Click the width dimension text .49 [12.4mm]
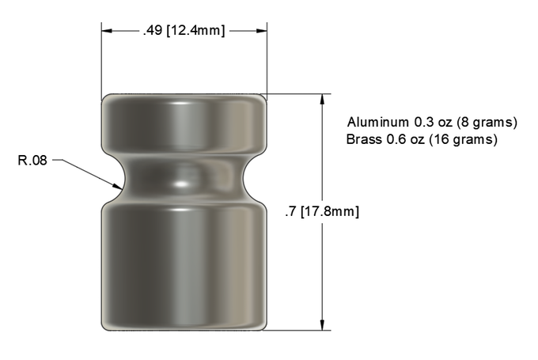click(x=184, y=31)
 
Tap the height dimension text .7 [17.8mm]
click(x=322, y=211)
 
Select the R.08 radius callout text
click(x=32, y=161)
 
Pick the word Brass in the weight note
click(x=364, y=139)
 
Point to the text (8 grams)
click(x=487, y=123)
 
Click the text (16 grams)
click(x=463, y=140)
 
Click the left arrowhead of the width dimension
click(x=106, y=31)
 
